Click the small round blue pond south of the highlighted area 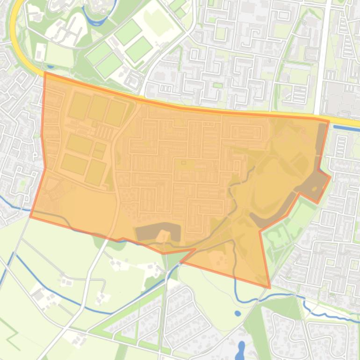pos(238,313)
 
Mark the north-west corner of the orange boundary pos(45,73)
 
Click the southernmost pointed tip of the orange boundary pos(270,287)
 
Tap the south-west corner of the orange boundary pos(31,216)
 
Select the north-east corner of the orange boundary pos(329,121)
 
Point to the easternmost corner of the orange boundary pos(331,177)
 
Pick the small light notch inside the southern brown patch pos(163,236)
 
